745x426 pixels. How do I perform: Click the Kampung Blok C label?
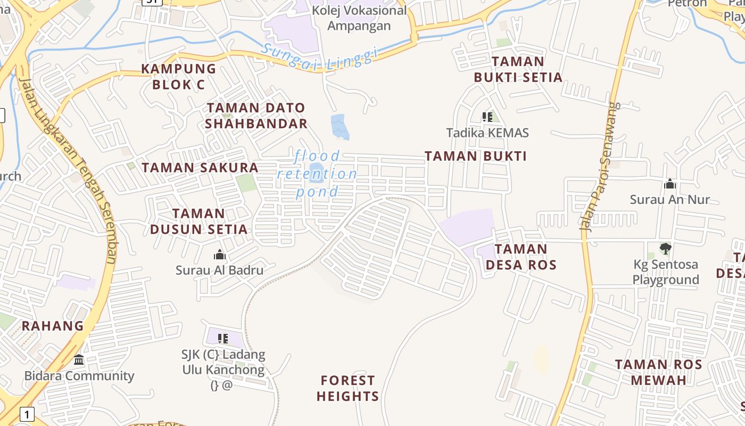pyautogui.click(x=178, y=76)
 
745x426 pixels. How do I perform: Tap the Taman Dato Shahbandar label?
pyautogui.click(x=256, y=116)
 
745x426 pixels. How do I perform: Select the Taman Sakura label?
pyautogui.click(x=200, y=167)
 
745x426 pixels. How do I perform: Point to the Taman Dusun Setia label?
pyautogui.click(x=198, y=222)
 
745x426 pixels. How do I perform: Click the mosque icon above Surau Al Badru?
pyautogui.click(x=219, y=255)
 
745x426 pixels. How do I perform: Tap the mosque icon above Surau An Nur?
pyautogui.click(x=670, y=184)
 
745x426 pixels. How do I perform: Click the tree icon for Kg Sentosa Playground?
pyautogui.click(x=665, y=249)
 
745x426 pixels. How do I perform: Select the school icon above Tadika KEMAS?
pyautogui.click(x=487, y=117)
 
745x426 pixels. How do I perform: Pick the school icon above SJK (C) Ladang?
pyautogui.click(x=223, y=338)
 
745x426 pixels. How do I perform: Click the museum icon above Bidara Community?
pyautogui.click(x=79, y=360)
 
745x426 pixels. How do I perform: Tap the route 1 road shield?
pyautogui.click(x=27, y=413)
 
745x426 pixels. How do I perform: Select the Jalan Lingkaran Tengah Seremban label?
pyautogui.click(x=68, y=170)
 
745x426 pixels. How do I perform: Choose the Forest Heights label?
pyautogui.click(x=348, y=388)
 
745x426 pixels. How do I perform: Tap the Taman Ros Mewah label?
pyautogui.click(x=659, y=372)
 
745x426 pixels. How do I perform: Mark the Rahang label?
pyautogui.click(x=53, y=326)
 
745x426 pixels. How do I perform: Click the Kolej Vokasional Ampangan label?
pyautogui.click(x=359, y=18)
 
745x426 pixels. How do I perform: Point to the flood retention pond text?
pyautogui.click(x=317, y=174)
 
